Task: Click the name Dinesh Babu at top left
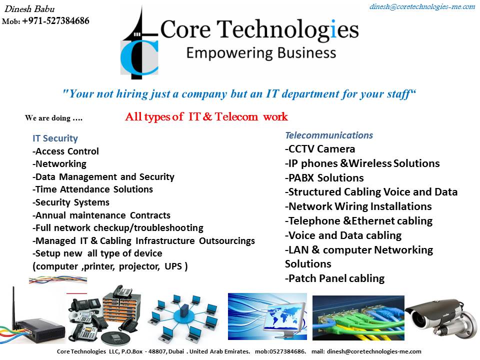coord(29,9)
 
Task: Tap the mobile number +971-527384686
coord(55,21)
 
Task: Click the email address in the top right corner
coord(422,6)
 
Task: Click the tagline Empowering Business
coord(261,53)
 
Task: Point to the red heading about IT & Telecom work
coord(206,116)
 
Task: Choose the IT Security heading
coord(55,138)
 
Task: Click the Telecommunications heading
coord(329,135)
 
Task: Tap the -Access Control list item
coord(65,151)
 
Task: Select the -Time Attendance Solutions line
coord(92,189)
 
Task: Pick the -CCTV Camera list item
coord(320,149)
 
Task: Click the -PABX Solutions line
coord(324,178)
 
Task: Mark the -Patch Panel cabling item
coord(334,278)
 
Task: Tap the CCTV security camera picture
coord(441,318)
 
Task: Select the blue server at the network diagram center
coord(184,311)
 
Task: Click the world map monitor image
coord(267,316)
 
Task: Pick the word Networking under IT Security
coord(61,164)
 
